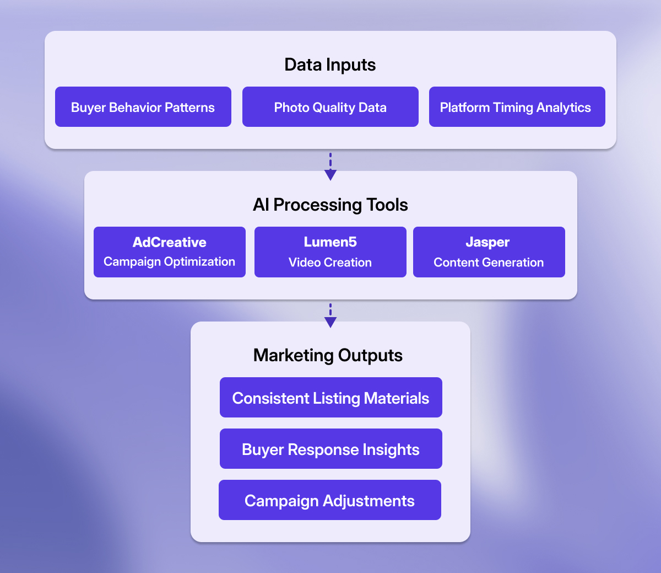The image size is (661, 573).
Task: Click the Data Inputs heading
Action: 330,65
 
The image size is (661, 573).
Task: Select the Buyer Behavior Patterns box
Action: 143,107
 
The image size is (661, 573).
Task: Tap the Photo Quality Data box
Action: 330,107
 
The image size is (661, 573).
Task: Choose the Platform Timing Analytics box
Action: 517,107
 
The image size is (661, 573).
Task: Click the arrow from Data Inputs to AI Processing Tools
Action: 330,167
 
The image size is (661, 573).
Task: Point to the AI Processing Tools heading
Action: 330,205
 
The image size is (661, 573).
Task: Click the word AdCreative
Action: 170,242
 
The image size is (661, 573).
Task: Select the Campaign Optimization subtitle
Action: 170,261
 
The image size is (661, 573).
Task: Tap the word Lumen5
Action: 330,242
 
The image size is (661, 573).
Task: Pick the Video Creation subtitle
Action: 330,263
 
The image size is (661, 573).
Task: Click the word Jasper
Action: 488,242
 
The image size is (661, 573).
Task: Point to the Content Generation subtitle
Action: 489,263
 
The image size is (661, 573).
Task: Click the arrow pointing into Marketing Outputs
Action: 330,316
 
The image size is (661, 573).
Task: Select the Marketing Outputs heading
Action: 328,355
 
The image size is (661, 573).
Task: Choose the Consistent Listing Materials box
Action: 330,398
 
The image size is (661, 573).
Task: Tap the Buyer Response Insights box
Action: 330,449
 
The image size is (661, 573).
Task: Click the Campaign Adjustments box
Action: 329,500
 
